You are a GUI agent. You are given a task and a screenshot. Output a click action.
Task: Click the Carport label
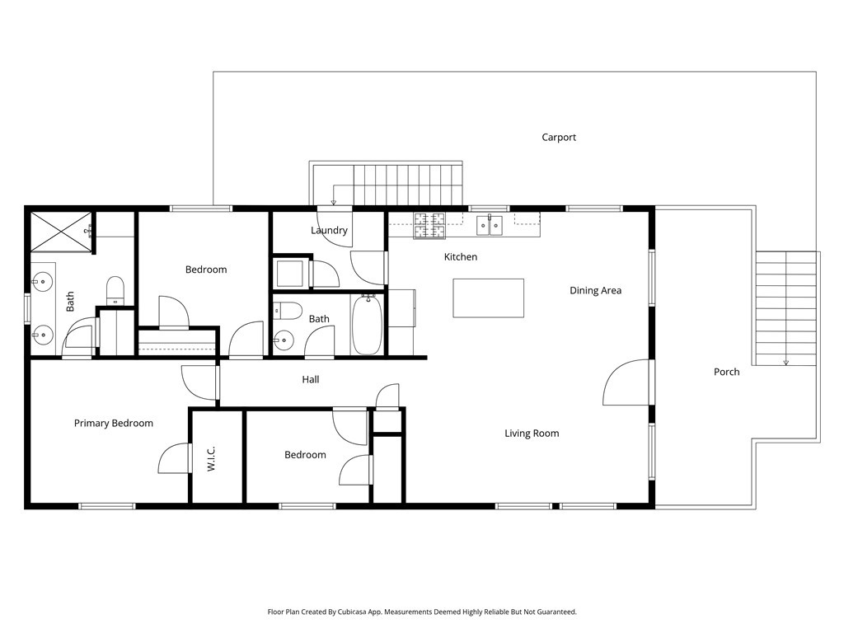[x=558, y=138]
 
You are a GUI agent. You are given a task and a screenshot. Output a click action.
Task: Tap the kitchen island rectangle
[x=488, y=298]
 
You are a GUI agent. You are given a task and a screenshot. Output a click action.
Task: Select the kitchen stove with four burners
[x=429, y=225]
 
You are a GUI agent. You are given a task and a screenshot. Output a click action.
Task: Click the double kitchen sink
[x=490, y=224]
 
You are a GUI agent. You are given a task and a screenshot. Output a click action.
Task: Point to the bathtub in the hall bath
[x=367, y=325]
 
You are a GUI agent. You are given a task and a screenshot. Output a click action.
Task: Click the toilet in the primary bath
[x=115, y=289]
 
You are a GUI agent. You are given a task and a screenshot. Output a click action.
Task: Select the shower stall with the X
[x=61, y=230]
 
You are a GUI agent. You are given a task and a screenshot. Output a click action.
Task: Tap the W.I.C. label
[x=211, y=459]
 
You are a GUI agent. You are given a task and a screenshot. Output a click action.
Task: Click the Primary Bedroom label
[x=113, y=424]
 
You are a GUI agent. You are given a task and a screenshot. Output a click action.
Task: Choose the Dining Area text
[x=595, y=290]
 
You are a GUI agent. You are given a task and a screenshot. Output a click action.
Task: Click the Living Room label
[x=532, y=433]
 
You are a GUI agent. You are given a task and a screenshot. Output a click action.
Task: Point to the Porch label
[x=726, y=372]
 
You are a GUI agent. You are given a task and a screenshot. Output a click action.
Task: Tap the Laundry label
[x=329, y=231]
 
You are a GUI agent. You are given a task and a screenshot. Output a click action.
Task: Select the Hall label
[x=310, y=380]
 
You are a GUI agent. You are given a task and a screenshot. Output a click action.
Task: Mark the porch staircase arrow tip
[x=785, y=363]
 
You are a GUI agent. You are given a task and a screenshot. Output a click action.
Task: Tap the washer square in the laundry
[x=290, y=273]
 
